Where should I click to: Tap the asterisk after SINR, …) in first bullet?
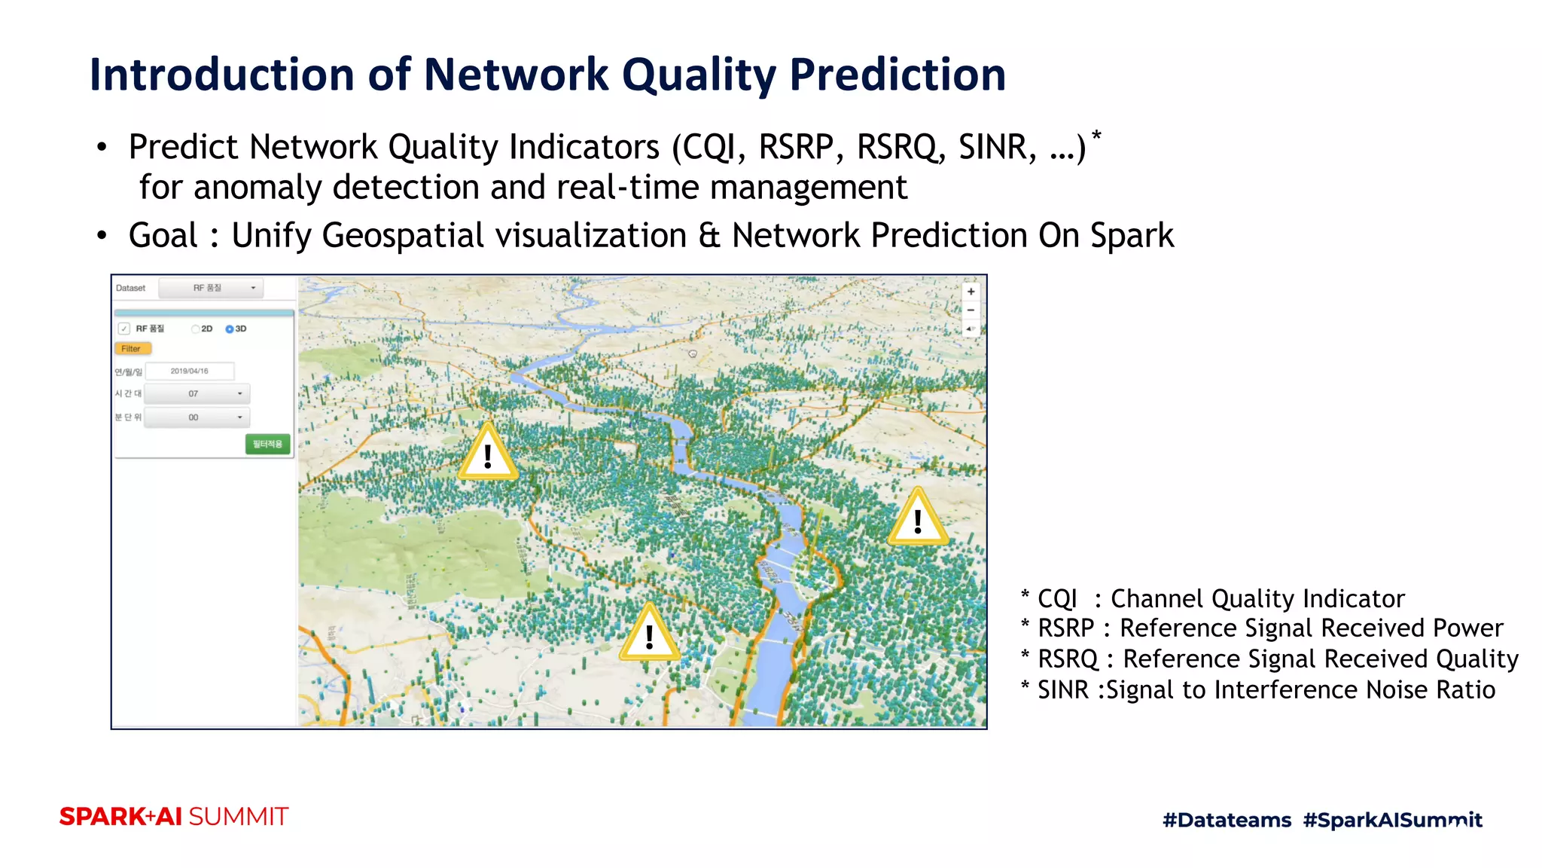(1096, 136)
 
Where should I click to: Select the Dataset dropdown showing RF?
(212, 288)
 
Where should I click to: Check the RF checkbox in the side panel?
(124, 329)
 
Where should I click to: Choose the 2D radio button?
(196, 329)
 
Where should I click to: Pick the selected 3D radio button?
(230, 329)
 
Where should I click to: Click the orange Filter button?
(133, 349)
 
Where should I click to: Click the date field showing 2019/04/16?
(190, 371)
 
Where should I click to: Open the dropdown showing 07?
(197, 393)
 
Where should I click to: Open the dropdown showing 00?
(197, 417)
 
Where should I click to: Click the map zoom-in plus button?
(971, 292)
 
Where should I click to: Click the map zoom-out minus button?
(971, 310)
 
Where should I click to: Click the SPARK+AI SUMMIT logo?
(174, 817)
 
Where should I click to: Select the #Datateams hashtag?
(1227, 820)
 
